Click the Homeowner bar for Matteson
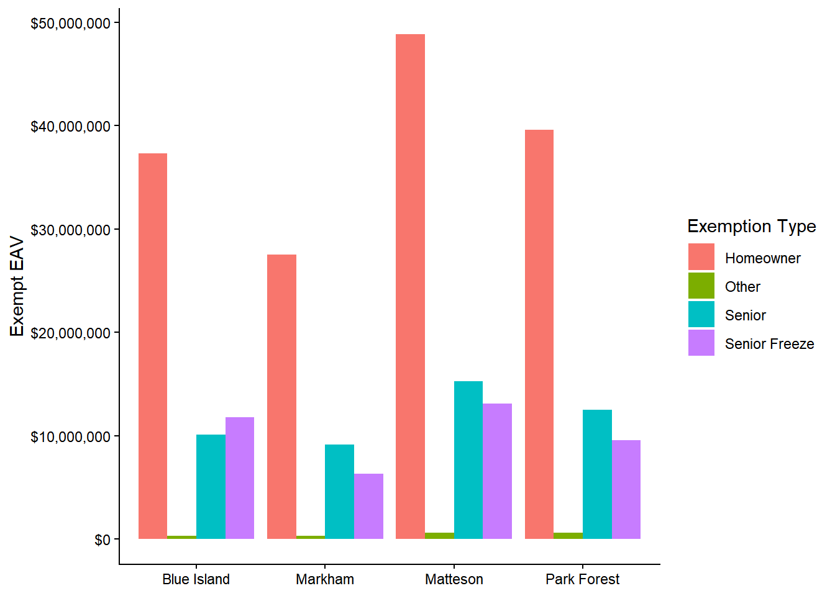click(x=410, y=286)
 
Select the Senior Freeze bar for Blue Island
click(x=240, y=478)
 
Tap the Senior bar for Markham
click(x=339, y=492)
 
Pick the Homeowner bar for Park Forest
click(x=539, y=335)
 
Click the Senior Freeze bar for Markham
click(x=368, y=506)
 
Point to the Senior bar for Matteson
click(x=468, y=460)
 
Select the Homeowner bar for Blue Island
click(x=153, y=346)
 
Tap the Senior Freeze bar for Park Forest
click(x=626, y=489)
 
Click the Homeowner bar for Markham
click(x=282, y=397)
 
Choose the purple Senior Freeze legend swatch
click(x=701, y=343)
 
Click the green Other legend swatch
click(x=701, y=286)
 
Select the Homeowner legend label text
click(x=763, y=258)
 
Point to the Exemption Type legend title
click(x=752, y=227)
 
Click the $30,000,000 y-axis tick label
click(x=70, y=230)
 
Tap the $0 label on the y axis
click(x=102, y=540)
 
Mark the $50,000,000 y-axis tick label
click(x=70, y=24)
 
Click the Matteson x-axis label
click(x=454, y=580)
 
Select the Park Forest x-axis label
click(x=583, y=580)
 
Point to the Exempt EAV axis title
click(x=17, y=286)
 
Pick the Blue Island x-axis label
click(x=196, y=580)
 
